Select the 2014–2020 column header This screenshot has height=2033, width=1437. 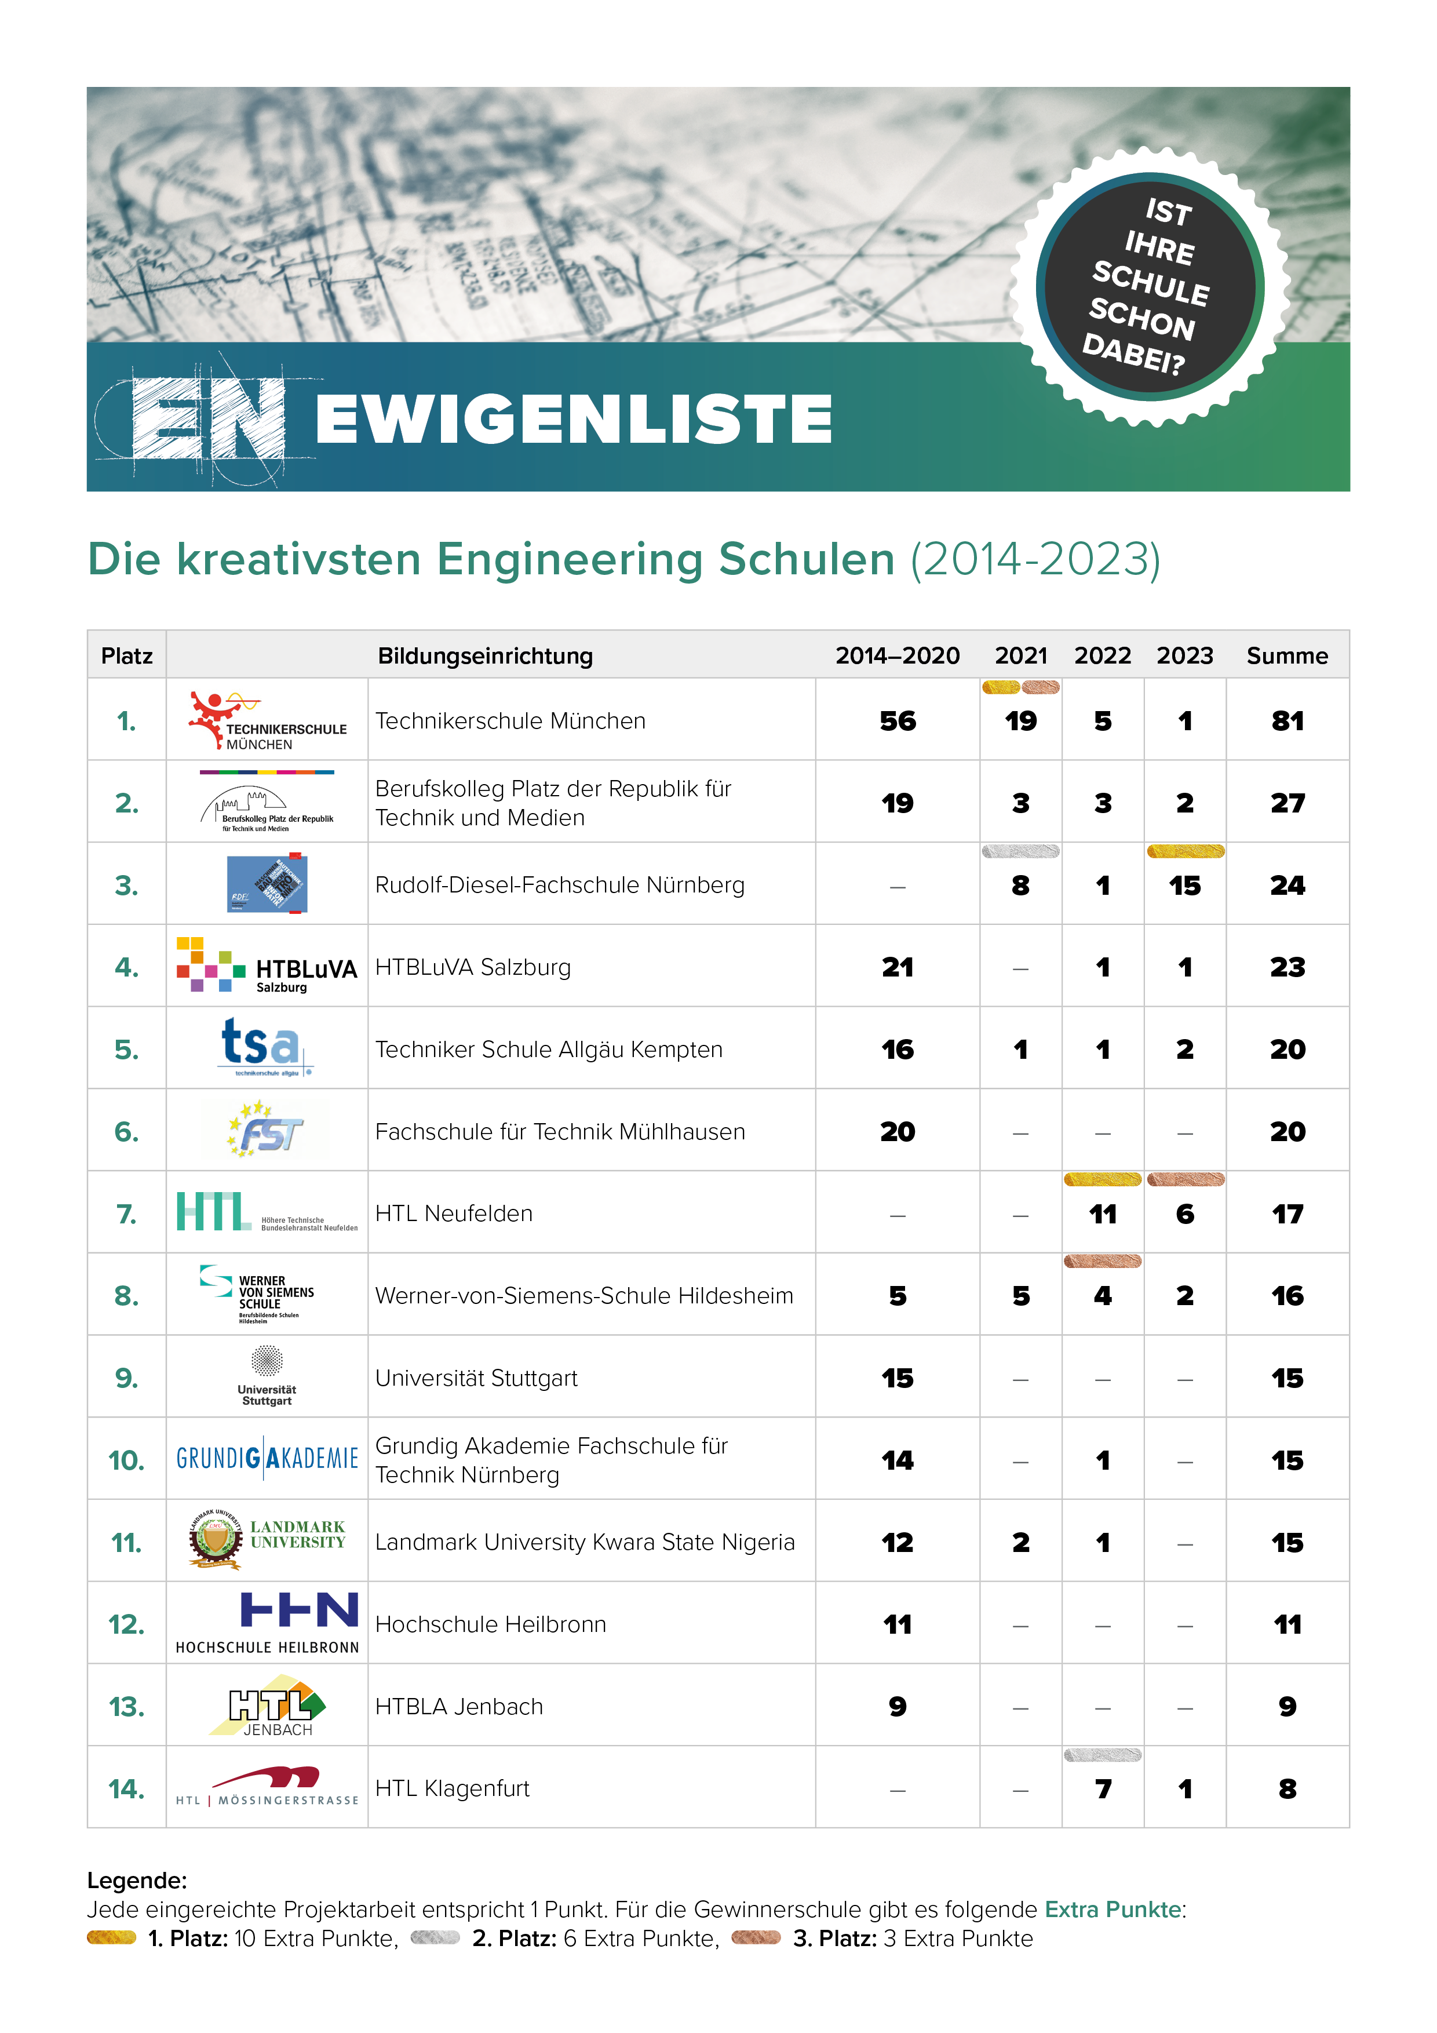click(x=897, y=655)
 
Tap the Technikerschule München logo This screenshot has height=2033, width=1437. click(x=267, y=721)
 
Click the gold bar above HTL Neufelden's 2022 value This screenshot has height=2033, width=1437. click(x=1102, y=1179)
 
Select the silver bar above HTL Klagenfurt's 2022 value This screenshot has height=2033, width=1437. click(x=1102, y=1755)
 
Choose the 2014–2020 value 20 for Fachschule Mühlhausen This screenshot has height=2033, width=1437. click(x=897, y=1132)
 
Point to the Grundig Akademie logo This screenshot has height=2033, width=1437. click(x=267, y=1458)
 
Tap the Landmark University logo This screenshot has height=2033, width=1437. click(x=267, y=1541)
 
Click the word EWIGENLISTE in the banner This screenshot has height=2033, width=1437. click(x=574, y=419)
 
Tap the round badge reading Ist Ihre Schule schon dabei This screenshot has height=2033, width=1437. click(x=1149, y=287)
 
